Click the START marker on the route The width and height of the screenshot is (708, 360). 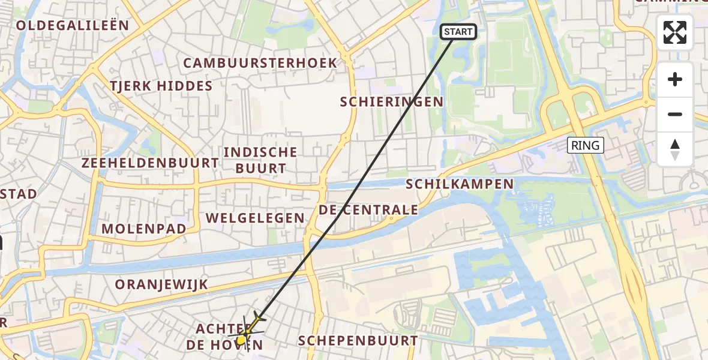click(458, 32)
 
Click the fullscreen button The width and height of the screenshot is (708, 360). click(675, 32)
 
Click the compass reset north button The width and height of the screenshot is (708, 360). click(675, 149)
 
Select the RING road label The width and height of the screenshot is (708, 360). click(585, 145)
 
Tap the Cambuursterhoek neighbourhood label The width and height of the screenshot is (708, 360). click(260, 63)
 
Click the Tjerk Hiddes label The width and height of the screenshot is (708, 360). click(161, 86)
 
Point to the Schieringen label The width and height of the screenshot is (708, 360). click(391, 102)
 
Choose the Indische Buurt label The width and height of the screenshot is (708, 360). click(260, 160)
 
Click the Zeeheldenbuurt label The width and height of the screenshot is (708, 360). click(151, 163)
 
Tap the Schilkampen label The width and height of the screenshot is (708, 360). click(460, 184)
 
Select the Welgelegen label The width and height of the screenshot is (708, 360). click(256, 218)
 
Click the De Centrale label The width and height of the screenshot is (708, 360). click(368, 210)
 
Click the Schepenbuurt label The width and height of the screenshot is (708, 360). click(358, 341)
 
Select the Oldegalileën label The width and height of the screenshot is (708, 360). click(73, 25)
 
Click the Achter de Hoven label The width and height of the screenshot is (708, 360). click(224, 337)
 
